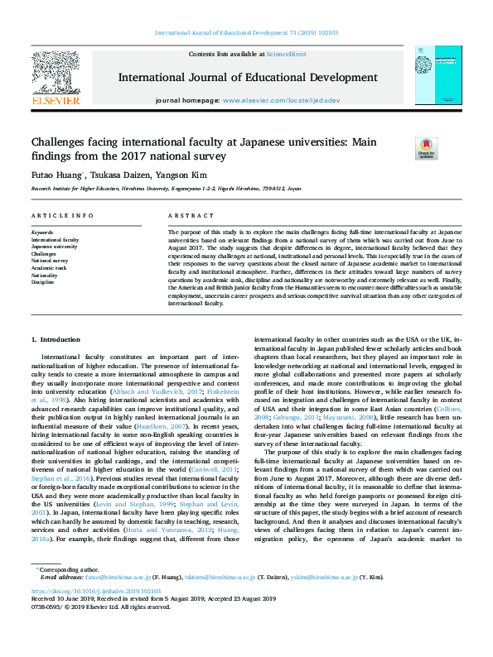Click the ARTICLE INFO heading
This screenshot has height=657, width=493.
pyautogui.click(x=62, y=216)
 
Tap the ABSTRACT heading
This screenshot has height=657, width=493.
pyautogui.click(x=186, y=216)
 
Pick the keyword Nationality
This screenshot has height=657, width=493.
pyautogui.click(x=46, y=274)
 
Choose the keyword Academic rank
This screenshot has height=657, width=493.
pyautogui.click(x=48, y=267)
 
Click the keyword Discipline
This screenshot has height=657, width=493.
pyautogui.click(x=44, y=281)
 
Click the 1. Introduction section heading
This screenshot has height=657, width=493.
pyautogui.click(x=56, y=340)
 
